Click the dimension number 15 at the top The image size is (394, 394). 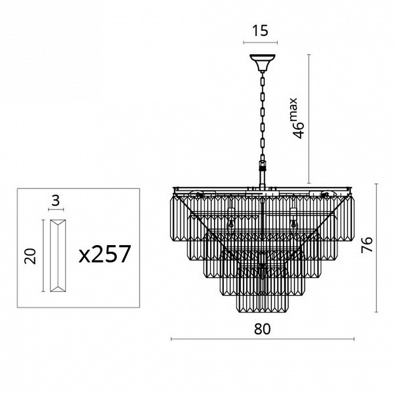(261, 31)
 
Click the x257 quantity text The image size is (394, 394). (105, 254)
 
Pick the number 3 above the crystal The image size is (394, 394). (55, 200)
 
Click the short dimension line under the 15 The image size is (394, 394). (261, 42)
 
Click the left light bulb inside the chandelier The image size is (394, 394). (231, 222)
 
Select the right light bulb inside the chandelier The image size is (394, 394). (293, 222)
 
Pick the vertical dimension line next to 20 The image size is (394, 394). (43, 256)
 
